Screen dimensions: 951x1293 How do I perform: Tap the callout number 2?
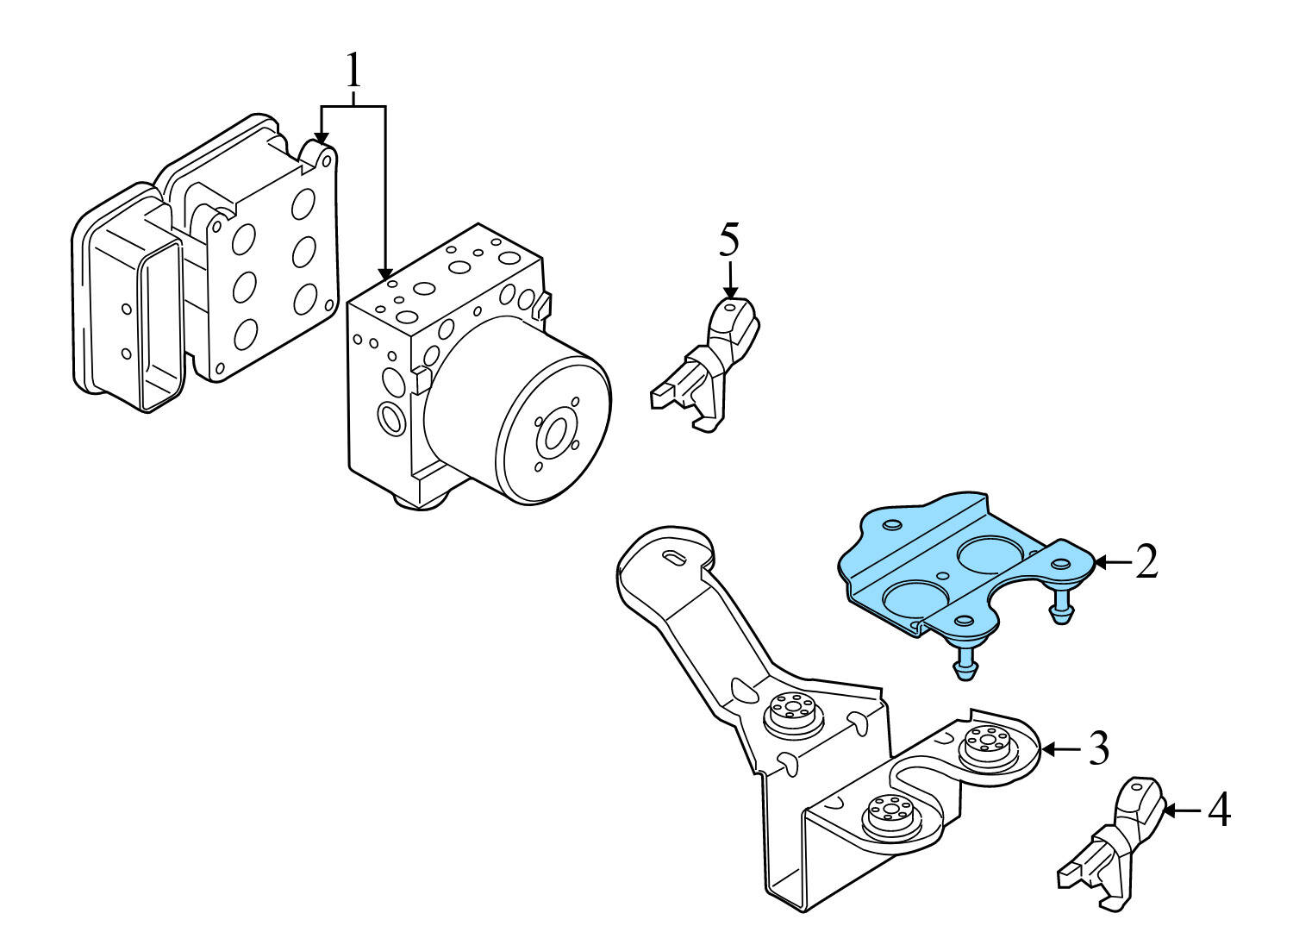1146,562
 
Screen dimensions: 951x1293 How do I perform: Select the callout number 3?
1097,749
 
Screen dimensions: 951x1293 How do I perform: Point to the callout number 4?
1218,810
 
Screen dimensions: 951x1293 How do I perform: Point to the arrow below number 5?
730,280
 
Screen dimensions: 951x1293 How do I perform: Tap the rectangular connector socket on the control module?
159,323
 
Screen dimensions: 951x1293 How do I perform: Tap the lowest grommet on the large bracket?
888,815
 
